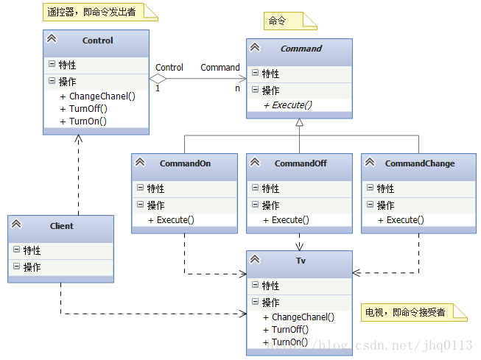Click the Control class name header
tap(97, 40)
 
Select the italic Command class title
tap(301, 49)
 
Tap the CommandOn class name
tap(185, 163)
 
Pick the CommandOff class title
tap(301, 163)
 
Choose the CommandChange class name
tap(419, 163)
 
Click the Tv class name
tap(300, 260)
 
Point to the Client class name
tap(62, 226)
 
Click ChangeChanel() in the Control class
tap(102, 96)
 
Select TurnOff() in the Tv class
tap(290, 330)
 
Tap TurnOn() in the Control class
tap(88, 121)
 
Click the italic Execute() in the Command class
tap(292, 105)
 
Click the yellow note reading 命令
tap(289, 21)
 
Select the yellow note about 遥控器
tap(97, 11)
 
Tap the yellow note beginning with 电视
tap(414, 312)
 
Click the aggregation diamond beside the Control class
tap(158, 77)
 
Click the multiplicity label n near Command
tap(236, 88)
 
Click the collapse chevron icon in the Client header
tap(16, 225)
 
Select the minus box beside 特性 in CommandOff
tap(255, 188)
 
